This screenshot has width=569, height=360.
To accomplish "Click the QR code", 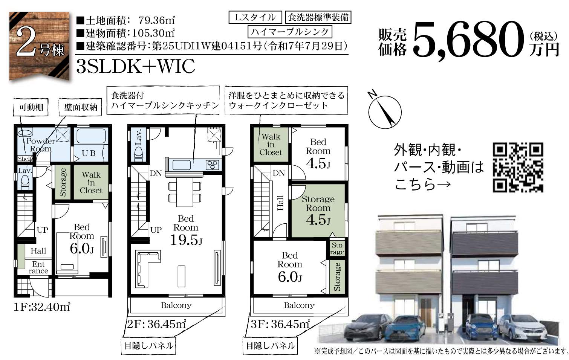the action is (x=518, y=167).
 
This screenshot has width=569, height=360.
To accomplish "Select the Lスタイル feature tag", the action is (x=255, y=17).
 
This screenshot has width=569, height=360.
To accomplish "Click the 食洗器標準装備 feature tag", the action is (x=318, y=17).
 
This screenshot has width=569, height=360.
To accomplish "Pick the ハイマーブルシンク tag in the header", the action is (x=290, y=32).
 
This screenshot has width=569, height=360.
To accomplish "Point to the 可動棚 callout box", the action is (x=31, y=107).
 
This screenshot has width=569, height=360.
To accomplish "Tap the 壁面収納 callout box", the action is (x=81, y=107).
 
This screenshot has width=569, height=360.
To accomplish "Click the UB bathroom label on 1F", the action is (x=89, y=153).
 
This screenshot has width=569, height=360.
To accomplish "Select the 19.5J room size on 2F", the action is (x=186, y=239).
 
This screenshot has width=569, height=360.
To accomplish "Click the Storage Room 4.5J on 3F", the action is (x=318, y=211).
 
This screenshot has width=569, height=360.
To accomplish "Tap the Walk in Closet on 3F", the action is (x=271, y=145).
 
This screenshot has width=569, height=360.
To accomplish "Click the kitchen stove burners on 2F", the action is (x=213, y=165).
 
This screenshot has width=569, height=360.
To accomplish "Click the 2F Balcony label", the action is (x=176, y=305).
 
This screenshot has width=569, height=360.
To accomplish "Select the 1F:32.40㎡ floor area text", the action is (x=42, y=307).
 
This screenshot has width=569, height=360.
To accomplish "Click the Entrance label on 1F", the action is (x=38, y=267).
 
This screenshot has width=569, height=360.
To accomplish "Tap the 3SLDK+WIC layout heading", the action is (x=136, y=66).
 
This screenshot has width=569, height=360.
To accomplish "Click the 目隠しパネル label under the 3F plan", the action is (x=270, y=346).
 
